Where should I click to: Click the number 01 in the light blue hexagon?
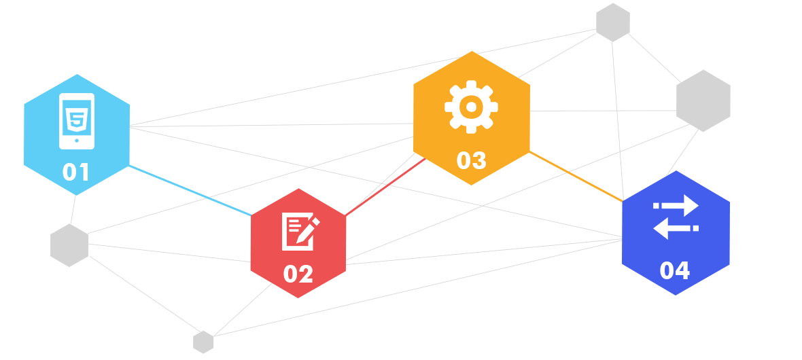click(x=75, y=172)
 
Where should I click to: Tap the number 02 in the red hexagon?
click(x=298, y=274)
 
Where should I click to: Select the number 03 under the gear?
click(x=471, y=160)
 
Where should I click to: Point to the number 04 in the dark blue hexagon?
click(x=675, y=270)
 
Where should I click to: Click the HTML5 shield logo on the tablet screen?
click(x=77, y=119)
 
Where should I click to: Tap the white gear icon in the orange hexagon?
click(x=471, y=107)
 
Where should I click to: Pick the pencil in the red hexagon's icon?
click(x=308, y=230)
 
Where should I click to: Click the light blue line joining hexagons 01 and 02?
click(x=190, y=190)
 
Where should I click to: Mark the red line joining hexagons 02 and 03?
click(x=385, y=187)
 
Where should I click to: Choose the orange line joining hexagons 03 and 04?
click(x=576, y=177)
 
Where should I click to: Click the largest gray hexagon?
click(x=703, y=101)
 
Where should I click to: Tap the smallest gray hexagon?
click(x=203, y=342)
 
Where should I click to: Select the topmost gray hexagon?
click(x=613, y=22)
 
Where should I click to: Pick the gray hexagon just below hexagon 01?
click(x=69, y=245)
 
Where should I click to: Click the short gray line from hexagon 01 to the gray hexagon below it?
click(x=73, y=210)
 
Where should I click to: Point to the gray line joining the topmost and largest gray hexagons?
click(x=655, y=57)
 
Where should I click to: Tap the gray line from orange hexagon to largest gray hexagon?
click(x=603, y=111)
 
